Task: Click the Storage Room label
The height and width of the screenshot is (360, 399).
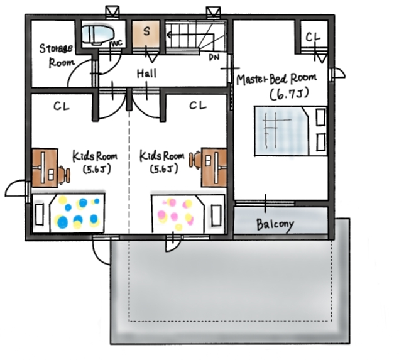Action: (56, 55)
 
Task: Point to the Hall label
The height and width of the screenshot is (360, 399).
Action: (146, 74)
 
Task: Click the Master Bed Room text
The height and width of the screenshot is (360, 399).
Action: (276, 79)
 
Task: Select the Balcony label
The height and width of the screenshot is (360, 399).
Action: (275, 224)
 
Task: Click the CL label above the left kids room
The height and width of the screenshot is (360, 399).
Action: (61, 106)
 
